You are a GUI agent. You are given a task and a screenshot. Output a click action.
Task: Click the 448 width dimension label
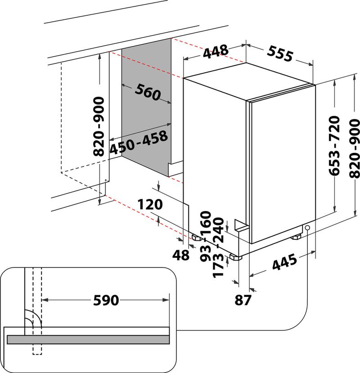click(x=215, y=52)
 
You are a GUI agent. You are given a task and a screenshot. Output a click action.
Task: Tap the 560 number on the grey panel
click(x=147, y=92)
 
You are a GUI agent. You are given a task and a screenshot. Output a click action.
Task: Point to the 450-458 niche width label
click(x=139, y=143)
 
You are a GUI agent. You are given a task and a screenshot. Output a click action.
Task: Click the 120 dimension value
click(x=149, y=205)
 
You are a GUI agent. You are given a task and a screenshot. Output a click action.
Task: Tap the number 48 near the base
click(x=181, y=255)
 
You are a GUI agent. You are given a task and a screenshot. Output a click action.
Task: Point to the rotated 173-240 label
click(x=219, y=247)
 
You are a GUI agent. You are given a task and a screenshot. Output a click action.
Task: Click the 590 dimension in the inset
click(x=106, y=300)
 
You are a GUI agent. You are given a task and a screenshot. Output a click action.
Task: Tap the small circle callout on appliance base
click(x=307, y=228)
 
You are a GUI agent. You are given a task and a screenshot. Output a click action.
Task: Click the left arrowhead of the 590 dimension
click(x=45, y=300)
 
